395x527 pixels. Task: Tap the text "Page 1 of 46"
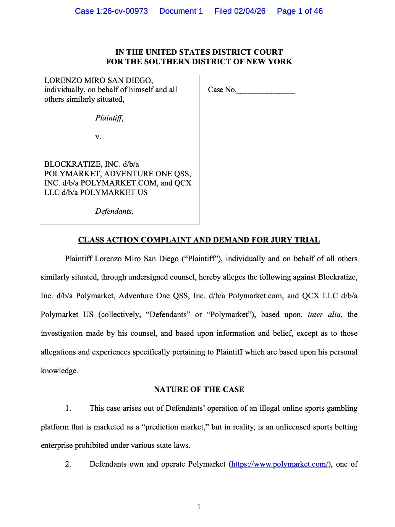tap(299, 11)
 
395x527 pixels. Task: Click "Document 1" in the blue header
tap(181, 11)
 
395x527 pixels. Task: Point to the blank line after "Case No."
tap(265, 91)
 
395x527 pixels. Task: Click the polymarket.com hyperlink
tap(280, 464)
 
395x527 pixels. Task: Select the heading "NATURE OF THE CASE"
tap(199, 389)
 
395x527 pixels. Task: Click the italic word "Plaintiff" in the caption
tap(108, 118)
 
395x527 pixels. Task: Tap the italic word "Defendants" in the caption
tap(113, 211)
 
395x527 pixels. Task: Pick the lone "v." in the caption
tap(98, 137)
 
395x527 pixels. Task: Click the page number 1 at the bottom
tap(199, 507)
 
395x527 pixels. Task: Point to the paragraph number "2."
tap(68, 464)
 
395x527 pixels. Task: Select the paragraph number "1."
tap(68, 408)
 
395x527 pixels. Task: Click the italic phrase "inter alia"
tap(324, 314)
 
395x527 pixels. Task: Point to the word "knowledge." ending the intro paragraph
tap(59, 371)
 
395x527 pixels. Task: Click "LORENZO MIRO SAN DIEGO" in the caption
tap(99, 80)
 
